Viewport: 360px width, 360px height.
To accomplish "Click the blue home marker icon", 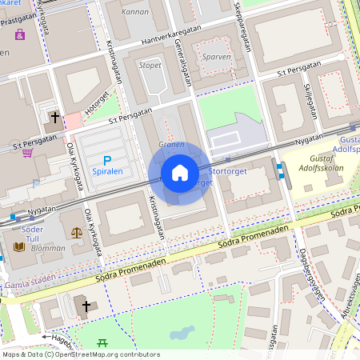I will tap(180, 173).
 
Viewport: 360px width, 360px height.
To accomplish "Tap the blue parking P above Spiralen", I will tap(107, 161).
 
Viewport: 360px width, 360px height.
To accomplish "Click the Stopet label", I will tap(150, 66).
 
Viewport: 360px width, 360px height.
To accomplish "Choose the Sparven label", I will tap(218, 58).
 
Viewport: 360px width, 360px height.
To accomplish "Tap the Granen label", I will tap(171, 145).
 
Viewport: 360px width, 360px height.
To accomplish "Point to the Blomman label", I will tap(49, 249).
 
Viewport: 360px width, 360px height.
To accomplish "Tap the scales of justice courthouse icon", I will tap(77, 233).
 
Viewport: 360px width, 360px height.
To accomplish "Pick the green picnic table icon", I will tap(102, 343).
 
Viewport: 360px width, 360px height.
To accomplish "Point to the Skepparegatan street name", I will tap(242, 28).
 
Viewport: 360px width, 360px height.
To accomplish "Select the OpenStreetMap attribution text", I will tap(80, 354).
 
